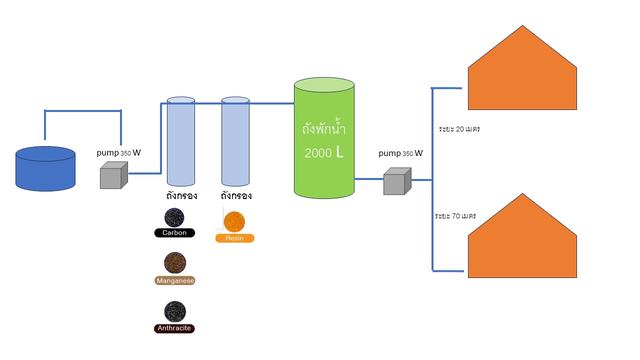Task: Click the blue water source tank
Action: point(45,169)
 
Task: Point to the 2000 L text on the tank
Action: point(324,153)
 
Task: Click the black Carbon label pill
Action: point(174,233)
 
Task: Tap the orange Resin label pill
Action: point(234,238)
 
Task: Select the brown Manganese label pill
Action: point(175,281)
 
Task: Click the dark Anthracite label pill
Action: point(174,328)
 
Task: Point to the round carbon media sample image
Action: point(174,217)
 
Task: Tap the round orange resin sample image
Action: point(234,221)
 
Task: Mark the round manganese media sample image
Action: point(175,262)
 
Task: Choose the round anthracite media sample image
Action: point(175,311)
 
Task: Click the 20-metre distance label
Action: point(459,129)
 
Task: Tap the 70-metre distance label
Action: point(455,216)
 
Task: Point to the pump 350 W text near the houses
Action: point(400,153)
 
